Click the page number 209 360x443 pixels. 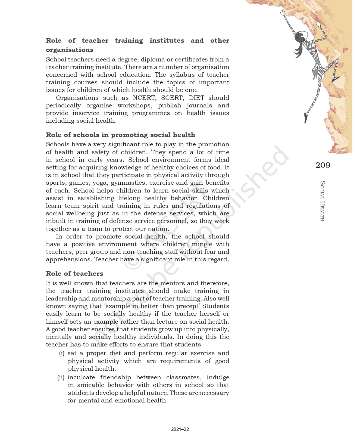pos(323,165)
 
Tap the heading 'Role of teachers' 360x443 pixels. pos(74,274)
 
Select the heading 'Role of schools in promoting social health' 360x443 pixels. pos(120,135)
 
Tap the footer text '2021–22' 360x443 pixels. pos(180,429)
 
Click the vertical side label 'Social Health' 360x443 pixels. pos(323,201)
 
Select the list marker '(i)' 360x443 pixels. pos(62,353)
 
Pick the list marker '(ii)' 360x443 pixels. pos(61,377)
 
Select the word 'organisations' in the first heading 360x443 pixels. pos(70,50)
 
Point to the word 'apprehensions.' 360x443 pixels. pos(69,259)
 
